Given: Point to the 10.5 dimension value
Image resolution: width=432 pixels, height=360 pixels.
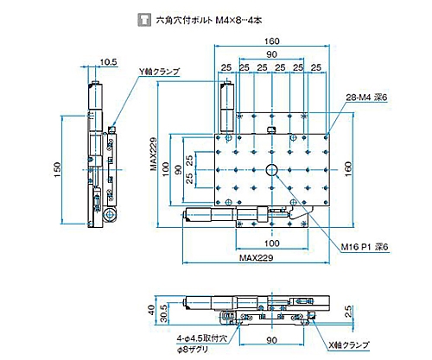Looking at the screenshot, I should [108, 61].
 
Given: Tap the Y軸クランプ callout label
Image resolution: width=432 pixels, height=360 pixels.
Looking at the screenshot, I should [159, 73].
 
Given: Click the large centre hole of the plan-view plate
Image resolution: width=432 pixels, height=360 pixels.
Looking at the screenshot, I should [271, 169].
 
